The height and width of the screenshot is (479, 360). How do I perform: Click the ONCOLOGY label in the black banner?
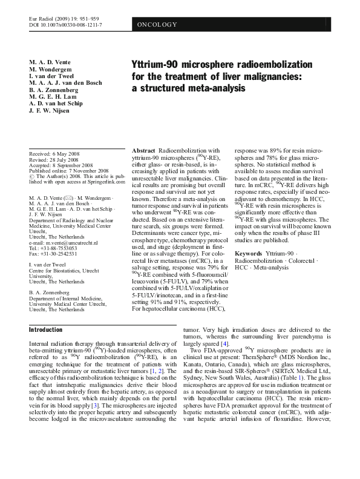[x=157, y=24]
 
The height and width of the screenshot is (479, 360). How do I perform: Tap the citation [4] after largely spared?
[x=225, y=344]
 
